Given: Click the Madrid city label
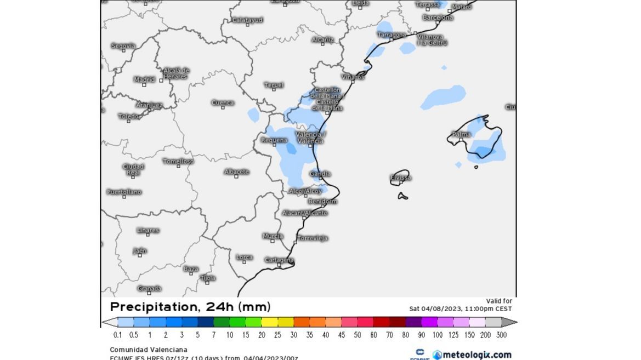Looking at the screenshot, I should point(144,79).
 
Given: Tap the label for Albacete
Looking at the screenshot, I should point(236,172).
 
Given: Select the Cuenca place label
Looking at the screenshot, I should point(223,102).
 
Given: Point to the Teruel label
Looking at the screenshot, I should point(274,85).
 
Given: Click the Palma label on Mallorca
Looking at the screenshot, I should point(461,134).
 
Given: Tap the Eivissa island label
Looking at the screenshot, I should point(400,177).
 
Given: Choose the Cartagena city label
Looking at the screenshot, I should point(279,260).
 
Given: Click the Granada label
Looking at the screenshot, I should point(149,288).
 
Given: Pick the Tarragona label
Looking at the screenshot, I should point(392,35).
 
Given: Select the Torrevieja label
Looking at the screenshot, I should point(313,238).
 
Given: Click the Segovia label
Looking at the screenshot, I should point(123,45).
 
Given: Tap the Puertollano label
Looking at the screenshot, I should point(124,192).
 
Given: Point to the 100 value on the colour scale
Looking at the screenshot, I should point(438,335).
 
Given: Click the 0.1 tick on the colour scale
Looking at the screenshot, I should point(117,335).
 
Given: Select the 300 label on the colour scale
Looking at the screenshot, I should point(501,335).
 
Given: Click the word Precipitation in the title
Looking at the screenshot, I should point(150,307).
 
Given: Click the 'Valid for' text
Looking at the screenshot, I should point(499,301).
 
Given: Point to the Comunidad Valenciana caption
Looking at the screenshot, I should point(148,350).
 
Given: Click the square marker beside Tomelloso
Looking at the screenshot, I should point(178,166).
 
